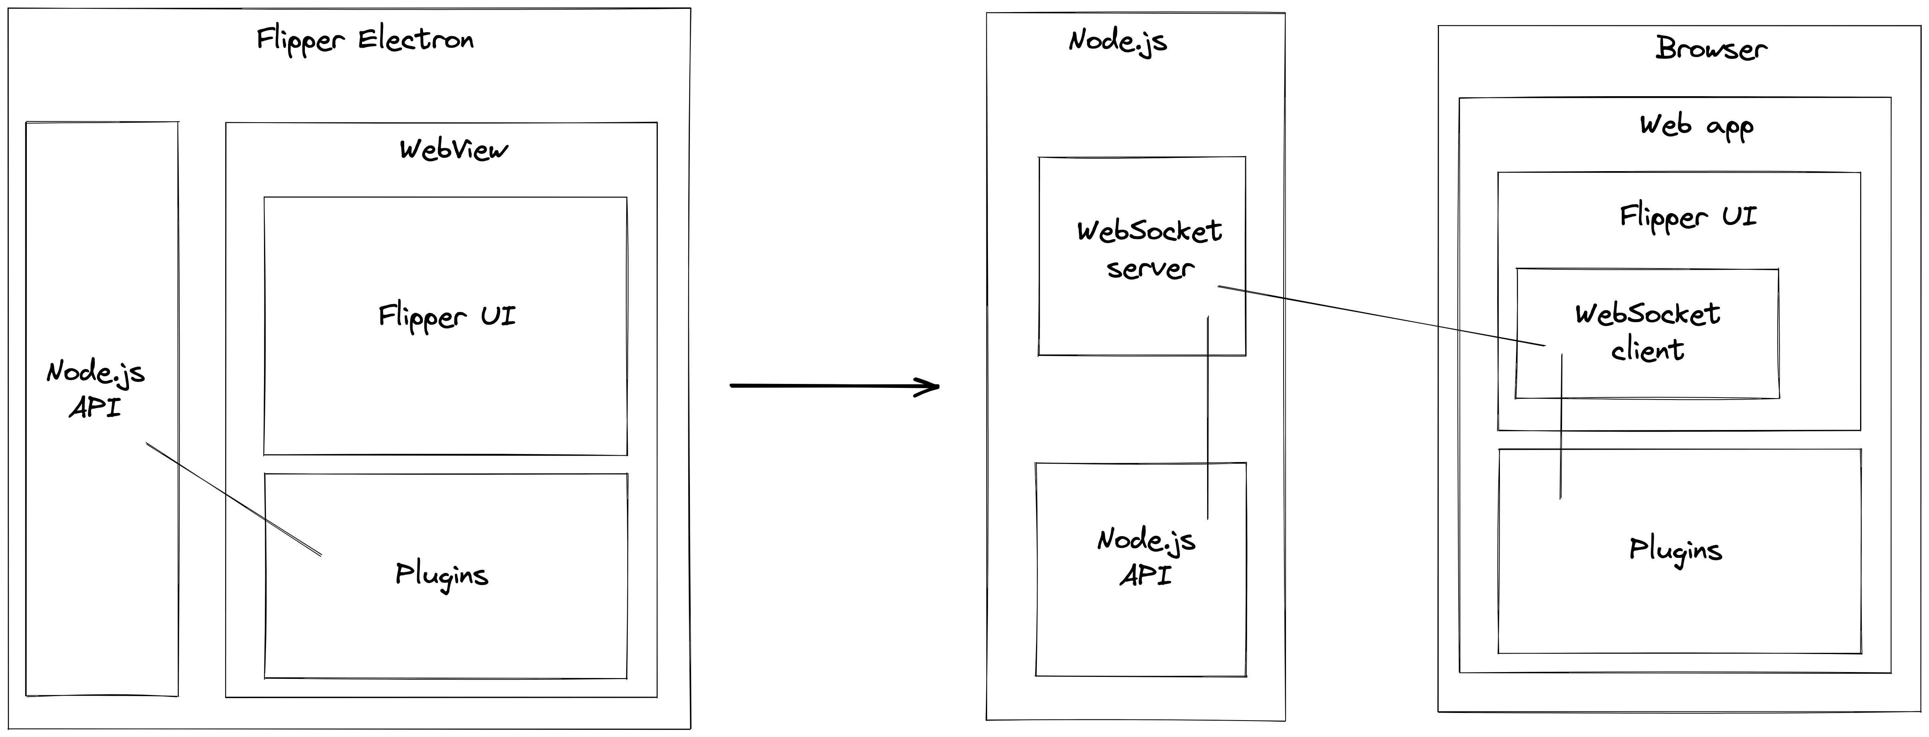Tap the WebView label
453,150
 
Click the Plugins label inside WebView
442,575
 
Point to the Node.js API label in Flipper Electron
95,390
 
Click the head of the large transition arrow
932,386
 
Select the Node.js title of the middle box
1117,41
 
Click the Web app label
1696,126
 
